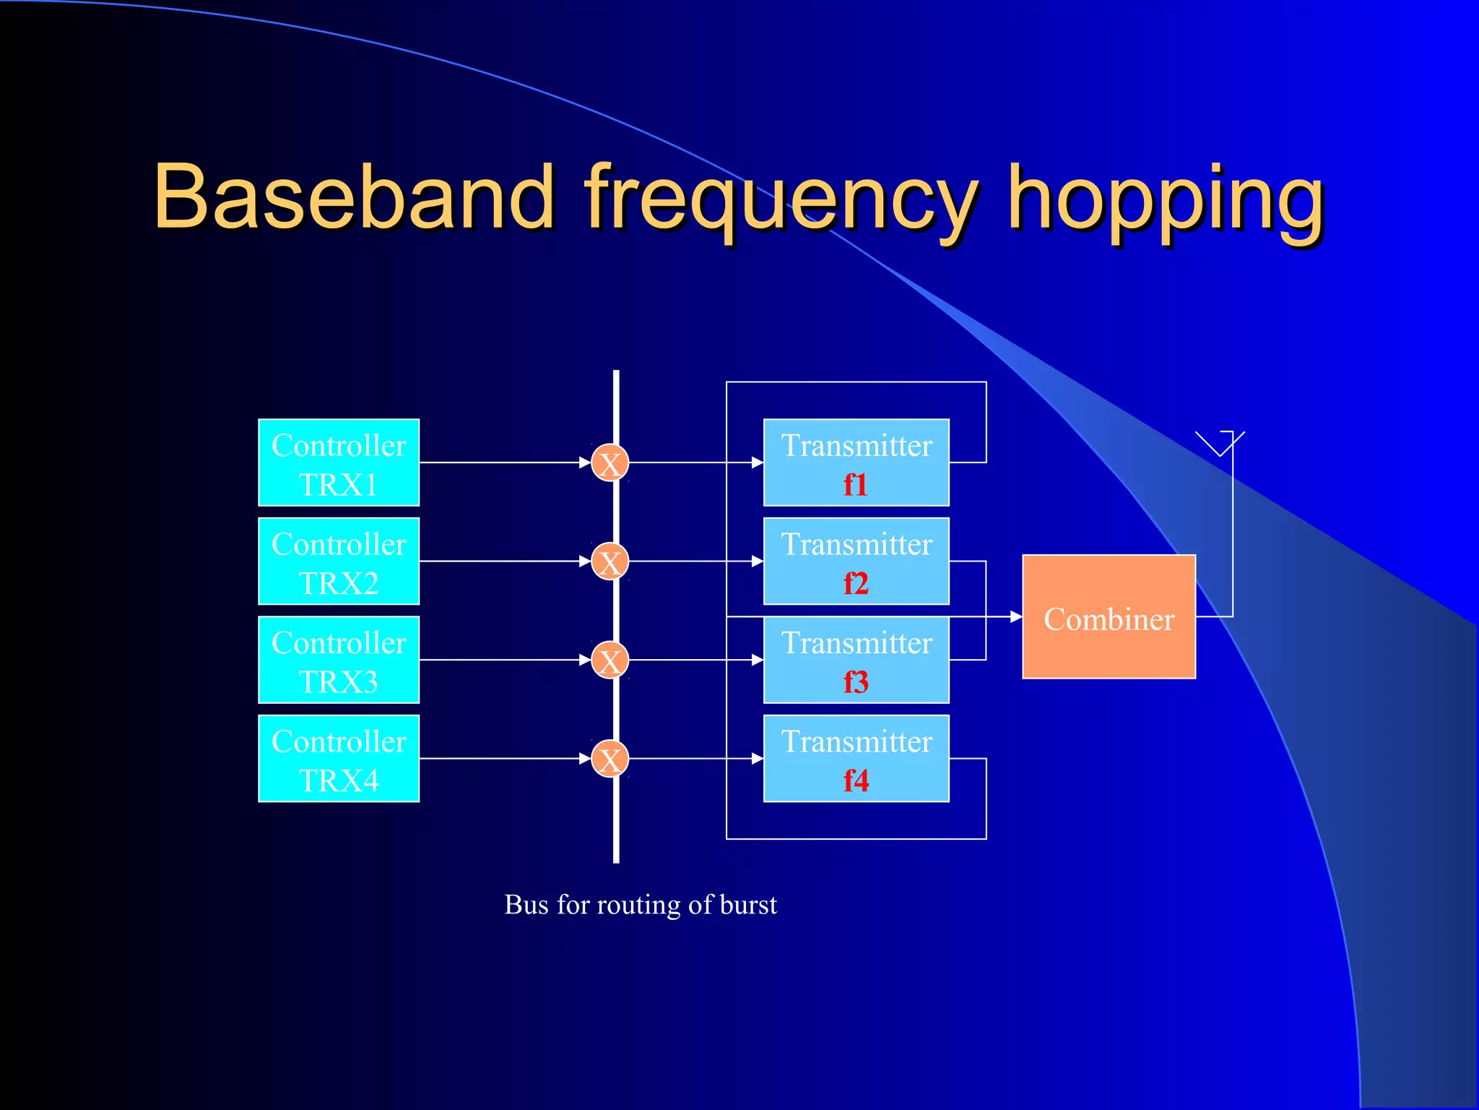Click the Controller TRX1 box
339,462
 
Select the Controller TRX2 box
339,562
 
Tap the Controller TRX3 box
339,660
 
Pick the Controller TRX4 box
339,759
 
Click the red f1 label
856,485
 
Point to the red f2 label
856,583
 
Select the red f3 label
856,682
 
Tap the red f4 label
856,780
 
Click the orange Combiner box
1109,617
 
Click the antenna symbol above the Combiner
1220,443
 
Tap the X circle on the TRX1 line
610,463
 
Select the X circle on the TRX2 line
610,562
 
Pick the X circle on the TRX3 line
610,661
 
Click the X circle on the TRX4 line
610,759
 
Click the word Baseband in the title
354,197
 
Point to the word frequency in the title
780,199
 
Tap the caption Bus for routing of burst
641,905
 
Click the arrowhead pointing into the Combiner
1016,616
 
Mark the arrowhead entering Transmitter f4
758,759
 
